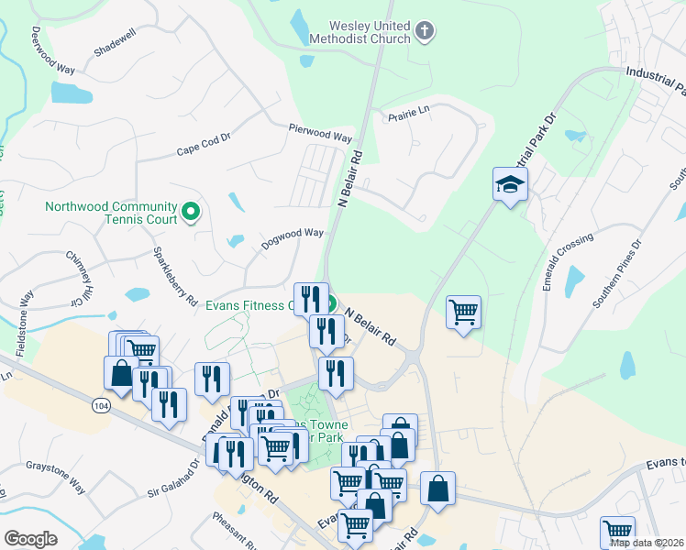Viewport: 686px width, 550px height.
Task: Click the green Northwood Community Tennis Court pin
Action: [x=191, y=213]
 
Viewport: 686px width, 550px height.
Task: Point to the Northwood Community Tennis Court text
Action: [x=111, y=213]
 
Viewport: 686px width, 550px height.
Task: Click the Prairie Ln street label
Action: [x=409, y=113]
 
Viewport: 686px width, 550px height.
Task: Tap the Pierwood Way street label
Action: [x=320, y=133]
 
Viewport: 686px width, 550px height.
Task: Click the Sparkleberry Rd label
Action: [x=174, y=276]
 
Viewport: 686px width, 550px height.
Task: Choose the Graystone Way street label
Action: [x=55, y=477]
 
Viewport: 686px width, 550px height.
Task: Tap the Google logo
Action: [x=30, y=539]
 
